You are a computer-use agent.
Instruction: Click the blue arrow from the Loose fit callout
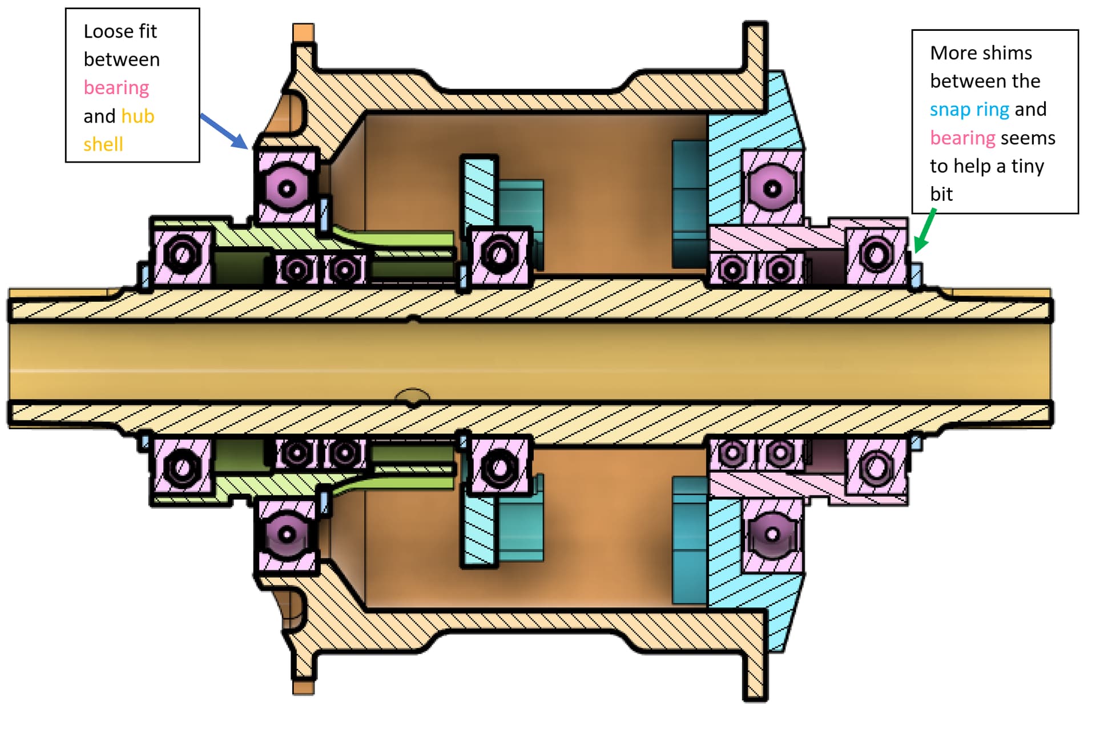224,131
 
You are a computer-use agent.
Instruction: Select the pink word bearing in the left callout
116,87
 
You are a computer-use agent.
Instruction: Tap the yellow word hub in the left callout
138,116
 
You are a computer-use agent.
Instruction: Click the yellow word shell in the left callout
103,144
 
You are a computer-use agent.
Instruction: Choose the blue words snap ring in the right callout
969,109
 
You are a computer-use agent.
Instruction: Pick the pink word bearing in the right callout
962,138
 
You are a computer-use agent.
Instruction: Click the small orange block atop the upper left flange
303,33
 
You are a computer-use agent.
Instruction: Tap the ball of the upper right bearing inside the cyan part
772,188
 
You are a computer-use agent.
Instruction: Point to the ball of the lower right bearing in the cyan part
772,534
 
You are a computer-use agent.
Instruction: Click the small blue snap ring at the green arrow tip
916,276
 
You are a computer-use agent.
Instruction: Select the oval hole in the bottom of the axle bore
413,396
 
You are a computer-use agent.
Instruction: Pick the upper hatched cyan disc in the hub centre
478,191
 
